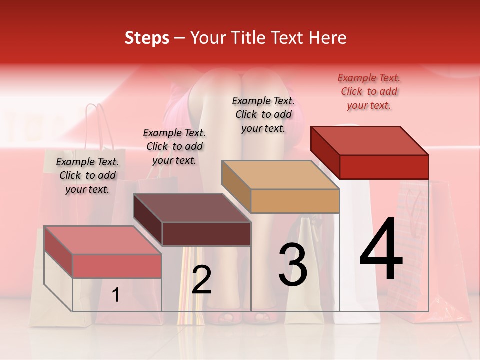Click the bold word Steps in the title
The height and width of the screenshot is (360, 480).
pyautogui.click(x=147, y=38)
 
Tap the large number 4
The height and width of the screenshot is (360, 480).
pyautogui.click(x=381, y=250)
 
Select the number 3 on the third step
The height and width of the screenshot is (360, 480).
pyautogui.click(x=292, y=265)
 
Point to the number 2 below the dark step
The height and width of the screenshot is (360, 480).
pyautogui.click(x=201, y=280)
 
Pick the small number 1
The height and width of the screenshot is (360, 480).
pyautogui.click(x=115, y=295)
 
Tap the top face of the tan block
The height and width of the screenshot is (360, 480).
pyautogui.click(x=280, y=175)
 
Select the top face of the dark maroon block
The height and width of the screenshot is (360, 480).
pyautogui.click(x=192, y=208)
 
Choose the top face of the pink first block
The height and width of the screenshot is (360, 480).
pyautogui.click(x=103, y=240)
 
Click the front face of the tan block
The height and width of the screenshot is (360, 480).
pyautogui.click(x=295, y=201)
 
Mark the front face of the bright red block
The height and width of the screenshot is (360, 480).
pyautogui.click(x=384, y=167)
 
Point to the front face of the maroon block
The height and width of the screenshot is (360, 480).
pyautogui.click(x=206, y=234)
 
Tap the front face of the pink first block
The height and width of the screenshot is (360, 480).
pyautogui.click(x=117, y=266)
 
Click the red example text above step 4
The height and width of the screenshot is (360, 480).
pyautogui.click(x=369, y=91)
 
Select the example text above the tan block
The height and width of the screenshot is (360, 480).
pyautogui.click(x=263, y=114)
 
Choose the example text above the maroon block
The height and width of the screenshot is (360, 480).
pyautogui.click(x=174, y=146)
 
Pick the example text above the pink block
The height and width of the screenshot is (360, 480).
pyautogui.click(x=87, y=175)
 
